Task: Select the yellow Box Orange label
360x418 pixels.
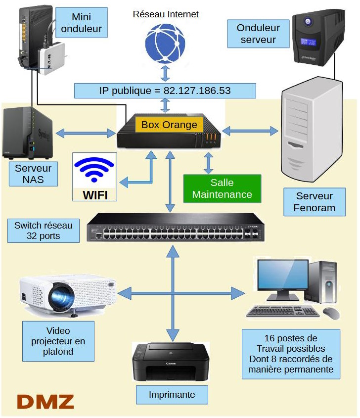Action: coord(169,125)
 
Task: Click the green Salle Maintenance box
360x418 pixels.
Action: coord(222,188)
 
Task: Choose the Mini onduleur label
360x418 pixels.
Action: coord(81,23)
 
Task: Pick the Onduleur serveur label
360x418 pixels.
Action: coord(258,34)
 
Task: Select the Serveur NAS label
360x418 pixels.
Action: coord(33,174)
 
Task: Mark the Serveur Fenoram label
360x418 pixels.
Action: coord(314,202)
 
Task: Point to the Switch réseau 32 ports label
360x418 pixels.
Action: coord(44,231)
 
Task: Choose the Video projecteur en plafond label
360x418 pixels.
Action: coord(58,341)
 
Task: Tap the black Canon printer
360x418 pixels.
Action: coord(171,363)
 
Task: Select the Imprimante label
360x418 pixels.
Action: coord(172,395)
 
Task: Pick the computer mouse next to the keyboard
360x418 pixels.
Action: coord(331,313)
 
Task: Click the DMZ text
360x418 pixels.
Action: coord(45,401)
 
